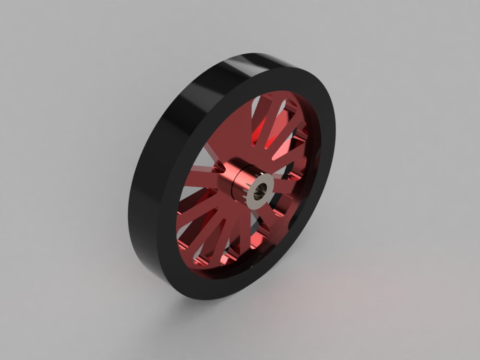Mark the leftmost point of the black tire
tap(129, 206)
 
